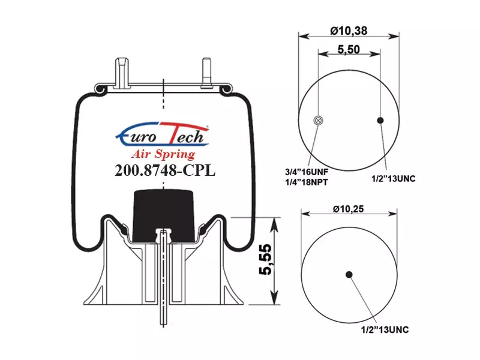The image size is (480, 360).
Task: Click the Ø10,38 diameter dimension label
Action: (349, 31)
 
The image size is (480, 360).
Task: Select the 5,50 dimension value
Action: (349, 49)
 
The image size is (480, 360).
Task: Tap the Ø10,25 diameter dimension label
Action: (349, 209)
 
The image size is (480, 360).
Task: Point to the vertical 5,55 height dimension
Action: (265, 260)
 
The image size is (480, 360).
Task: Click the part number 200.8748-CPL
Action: (165, 170)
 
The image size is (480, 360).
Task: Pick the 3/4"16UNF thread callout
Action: (307, 172)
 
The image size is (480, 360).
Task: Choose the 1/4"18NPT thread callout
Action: (307, 182)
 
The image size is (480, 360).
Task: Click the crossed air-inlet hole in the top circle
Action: (318, 121)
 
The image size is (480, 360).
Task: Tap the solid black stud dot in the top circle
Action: (380, 121)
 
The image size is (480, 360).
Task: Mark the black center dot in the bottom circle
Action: (349, 274)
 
